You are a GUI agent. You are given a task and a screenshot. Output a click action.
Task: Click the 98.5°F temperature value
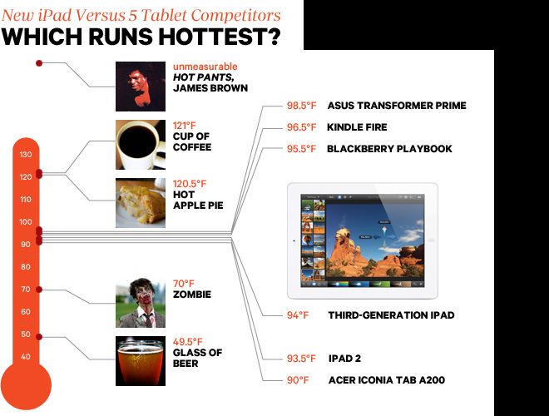point(301,106)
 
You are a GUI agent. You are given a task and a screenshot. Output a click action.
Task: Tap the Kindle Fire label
point(357,127)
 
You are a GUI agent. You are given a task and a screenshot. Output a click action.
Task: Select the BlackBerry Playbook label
point(389,149)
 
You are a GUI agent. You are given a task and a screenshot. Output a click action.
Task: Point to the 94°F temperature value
point(298,315)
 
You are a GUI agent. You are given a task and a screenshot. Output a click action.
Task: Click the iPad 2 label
point(344,359)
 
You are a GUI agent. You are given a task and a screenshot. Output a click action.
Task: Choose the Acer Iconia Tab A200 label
point(387,380)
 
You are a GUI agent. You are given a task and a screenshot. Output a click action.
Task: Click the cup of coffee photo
point(141,145)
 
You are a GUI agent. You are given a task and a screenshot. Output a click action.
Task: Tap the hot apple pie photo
point(141,203)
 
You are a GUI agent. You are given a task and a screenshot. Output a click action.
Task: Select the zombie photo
point(141,303)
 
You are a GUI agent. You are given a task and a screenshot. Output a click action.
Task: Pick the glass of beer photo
point(141,361)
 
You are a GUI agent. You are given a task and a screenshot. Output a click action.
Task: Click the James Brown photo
point(141,87)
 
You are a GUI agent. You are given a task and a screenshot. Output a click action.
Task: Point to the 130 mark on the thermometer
point(26,155)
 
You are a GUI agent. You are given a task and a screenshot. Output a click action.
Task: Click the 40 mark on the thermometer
point(26,356)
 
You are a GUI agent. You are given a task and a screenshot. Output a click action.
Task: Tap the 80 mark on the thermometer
point(26,267)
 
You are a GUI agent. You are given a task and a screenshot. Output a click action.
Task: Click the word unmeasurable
point(205,67)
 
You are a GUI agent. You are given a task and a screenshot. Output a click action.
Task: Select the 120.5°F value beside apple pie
point(190,184)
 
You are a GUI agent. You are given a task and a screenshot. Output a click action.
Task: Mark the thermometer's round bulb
point(26,386)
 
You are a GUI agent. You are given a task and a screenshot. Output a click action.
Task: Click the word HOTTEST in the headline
point(220,37)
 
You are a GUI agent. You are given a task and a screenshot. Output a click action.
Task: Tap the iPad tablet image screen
point(363,241)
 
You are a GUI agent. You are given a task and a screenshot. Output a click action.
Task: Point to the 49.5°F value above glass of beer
point(188,342)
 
